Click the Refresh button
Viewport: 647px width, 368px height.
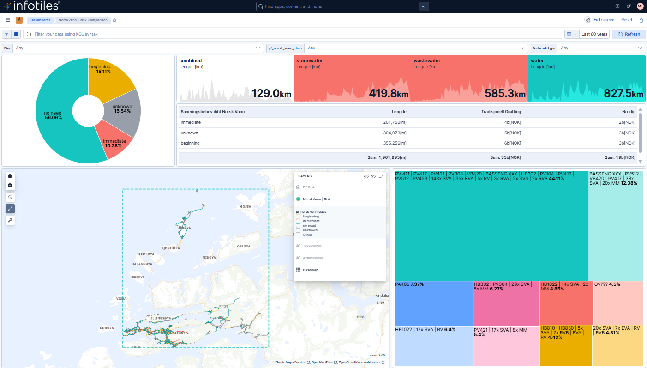tap(629, 34)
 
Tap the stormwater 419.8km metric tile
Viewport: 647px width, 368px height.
tap(352, 78)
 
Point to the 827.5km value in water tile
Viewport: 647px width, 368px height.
tap(623, 94)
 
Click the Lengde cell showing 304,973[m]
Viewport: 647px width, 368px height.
tap(392, 133)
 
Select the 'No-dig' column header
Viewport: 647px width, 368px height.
tap(629, 112)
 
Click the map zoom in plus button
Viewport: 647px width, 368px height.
tap(10, 176)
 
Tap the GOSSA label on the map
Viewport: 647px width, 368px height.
tap(246, 206)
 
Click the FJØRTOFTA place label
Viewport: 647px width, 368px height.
tap(171, 248)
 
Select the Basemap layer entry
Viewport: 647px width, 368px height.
tap(310, 270)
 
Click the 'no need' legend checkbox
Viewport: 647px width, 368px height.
tap(298, 225)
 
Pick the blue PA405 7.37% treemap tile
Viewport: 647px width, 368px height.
tap(433, 303)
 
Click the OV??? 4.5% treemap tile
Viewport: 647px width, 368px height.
tap(618, 302)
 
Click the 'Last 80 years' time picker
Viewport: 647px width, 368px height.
tap(594, 34)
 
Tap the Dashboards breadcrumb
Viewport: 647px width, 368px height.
tap(41, 20)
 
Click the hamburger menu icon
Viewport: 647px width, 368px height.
tap(8, 20)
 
